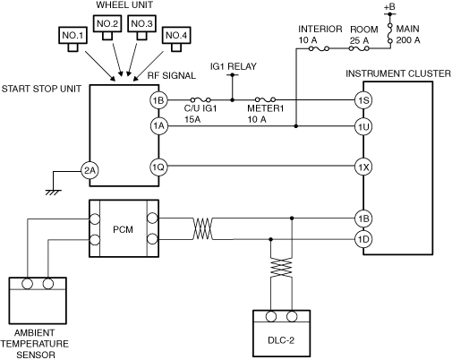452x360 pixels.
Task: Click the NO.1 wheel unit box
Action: (x=73, y=36)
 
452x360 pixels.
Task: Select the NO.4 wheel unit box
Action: (x=176, y=36)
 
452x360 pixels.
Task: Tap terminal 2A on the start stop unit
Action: (x=90, y=170)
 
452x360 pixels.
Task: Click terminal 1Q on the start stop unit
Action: (x=158, y=167)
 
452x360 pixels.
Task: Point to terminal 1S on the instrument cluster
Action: (x=363, y=100)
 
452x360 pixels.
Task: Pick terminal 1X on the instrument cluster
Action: (x=363, y=167)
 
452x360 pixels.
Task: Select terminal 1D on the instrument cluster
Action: (x=363, y=239)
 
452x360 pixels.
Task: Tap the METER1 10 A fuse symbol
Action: (x=265, y=99)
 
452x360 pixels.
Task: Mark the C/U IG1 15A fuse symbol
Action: (x=200, y=99)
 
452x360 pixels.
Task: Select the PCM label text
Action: (x=123, y=229)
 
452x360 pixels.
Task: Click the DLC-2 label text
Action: (x=281, y=340)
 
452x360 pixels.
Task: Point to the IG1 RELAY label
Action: (x=234, y=66)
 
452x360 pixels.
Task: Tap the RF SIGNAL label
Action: (x=172, y=75)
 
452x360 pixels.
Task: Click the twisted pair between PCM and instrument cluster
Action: (x=203, y=228)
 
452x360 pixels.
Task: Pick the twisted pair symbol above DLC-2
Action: (x=281, y=268)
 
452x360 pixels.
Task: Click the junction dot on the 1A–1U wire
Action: (x=296, y=126)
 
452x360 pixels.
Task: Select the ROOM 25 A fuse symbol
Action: (x=359, y=48)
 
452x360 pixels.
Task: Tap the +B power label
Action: (x=389, y=6)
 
